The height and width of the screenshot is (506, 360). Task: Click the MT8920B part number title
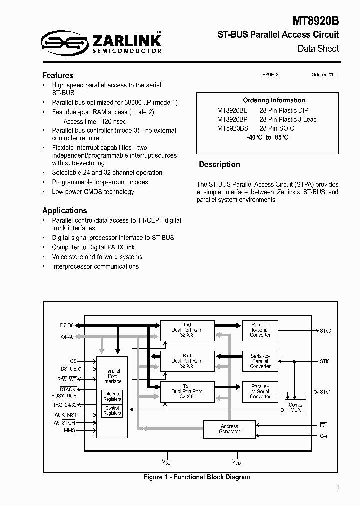click(x=316, y=21)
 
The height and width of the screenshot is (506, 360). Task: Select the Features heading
click(x=58, y=75)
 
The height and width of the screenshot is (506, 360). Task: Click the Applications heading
click(x=64, y=210)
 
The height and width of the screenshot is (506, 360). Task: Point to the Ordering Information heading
click(x=274, y=100)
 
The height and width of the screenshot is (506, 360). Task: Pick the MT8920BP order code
click(x=232, y=119)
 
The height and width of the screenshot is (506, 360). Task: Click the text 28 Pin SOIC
click(x=277, y=128)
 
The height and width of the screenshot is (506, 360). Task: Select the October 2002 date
click(x=324, y=75)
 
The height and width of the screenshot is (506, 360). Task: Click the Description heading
click(x=219, y=165)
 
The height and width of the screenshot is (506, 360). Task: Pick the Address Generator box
click(x=229, y=429)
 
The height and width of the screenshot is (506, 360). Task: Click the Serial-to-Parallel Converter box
click(x=260, y=361)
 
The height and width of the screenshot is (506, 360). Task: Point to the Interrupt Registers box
click(x=112, y=397)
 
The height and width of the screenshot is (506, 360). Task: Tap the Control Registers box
click(x=112, y=411)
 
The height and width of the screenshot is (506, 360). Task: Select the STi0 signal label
click(x=325, y=361)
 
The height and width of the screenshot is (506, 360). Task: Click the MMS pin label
click(x=69, y=430)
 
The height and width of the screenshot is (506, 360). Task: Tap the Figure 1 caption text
click(x=197, y=477)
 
